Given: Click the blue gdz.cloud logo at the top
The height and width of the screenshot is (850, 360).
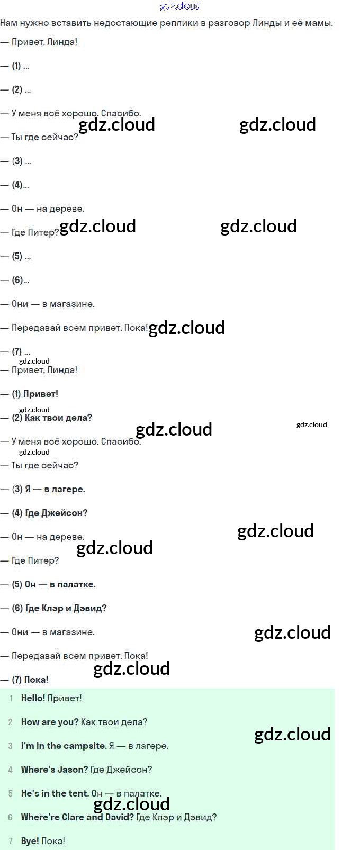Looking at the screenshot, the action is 180,6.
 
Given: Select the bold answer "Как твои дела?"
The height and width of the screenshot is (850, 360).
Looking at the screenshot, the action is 58,418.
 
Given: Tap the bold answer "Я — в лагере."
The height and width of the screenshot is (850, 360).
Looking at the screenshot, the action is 55,489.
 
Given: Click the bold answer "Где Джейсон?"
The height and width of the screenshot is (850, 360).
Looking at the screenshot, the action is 56,513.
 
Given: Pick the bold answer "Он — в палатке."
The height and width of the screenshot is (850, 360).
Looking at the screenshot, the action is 60,584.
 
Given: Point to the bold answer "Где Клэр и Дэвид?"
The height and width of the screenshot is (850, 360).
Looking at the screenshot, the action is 66,608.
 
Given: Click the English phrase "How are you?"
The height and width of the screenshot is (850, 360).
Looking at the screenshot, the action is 50,722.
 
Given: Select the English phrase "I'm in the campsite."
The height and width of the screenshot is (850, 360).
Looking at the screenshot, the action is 64,746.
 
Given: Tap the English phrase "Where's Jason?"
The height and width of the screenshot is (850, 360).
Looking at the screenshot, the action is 55,770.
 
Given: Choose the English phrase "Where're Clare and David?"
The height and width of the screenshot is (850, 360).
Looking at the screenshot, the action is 77,817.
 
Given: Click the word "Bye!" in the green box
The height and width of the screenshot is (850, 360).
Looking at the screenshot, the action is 30,841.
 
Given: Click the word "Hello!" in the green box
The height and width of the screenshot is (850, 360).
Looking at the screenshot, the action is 33,698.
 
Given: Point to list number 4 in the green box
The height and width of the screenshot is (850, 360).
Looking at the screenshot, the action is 10,770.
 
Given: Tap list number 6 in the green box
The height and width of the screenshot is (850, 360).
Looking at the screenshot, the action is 10,817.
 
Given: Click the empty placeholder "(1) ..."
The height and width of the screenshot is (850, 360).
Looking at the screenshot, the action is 21,66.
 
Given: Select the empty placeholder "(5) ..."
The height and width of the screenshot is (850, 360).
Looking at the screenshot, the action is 21,257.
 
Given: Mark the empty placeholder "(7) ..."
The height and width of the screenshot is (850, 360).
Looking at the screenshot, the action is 21,352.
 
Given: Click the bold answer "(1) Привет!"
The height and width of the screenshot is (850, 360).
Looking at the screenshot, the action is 35,394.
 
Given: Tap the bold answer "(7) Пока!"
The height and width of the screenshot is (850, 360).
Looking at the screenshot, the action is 30,680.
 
